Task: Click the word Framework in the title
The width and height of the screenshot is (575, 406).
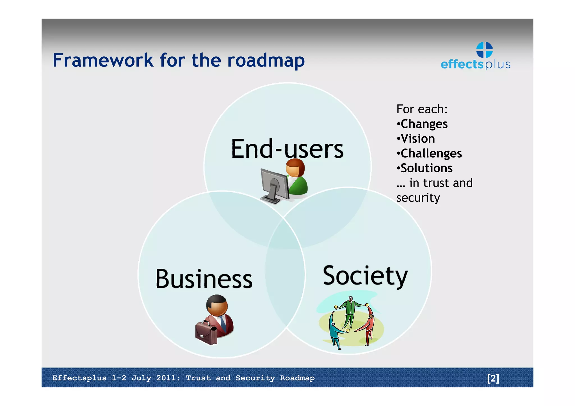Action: pos(103,60)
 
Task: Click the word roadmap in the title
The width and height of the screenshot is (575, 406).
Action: pos(266,61)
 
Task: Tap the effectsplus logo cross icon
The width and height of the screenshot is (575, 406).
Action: pos(484,50)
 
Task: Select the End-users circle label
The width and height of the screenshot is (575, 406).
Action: pos(287,149)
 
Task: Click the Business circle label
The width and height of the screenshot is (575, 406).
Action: pos(204,279)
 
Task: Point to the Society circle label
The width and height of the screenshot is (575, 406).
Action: pos(365,276)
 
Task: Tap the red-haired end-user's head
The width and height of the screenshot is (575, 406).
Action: pos(295,168)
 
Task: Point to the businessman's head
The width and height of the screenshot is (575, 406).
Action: pos(217,305)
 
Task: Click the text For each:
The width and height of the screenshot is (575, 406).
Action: pos(422,109)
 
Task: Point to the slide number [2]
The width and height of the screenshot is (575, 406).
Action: pos(493,378)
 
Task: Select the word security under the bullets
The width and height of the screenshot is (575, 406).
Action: pos(418,198)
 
